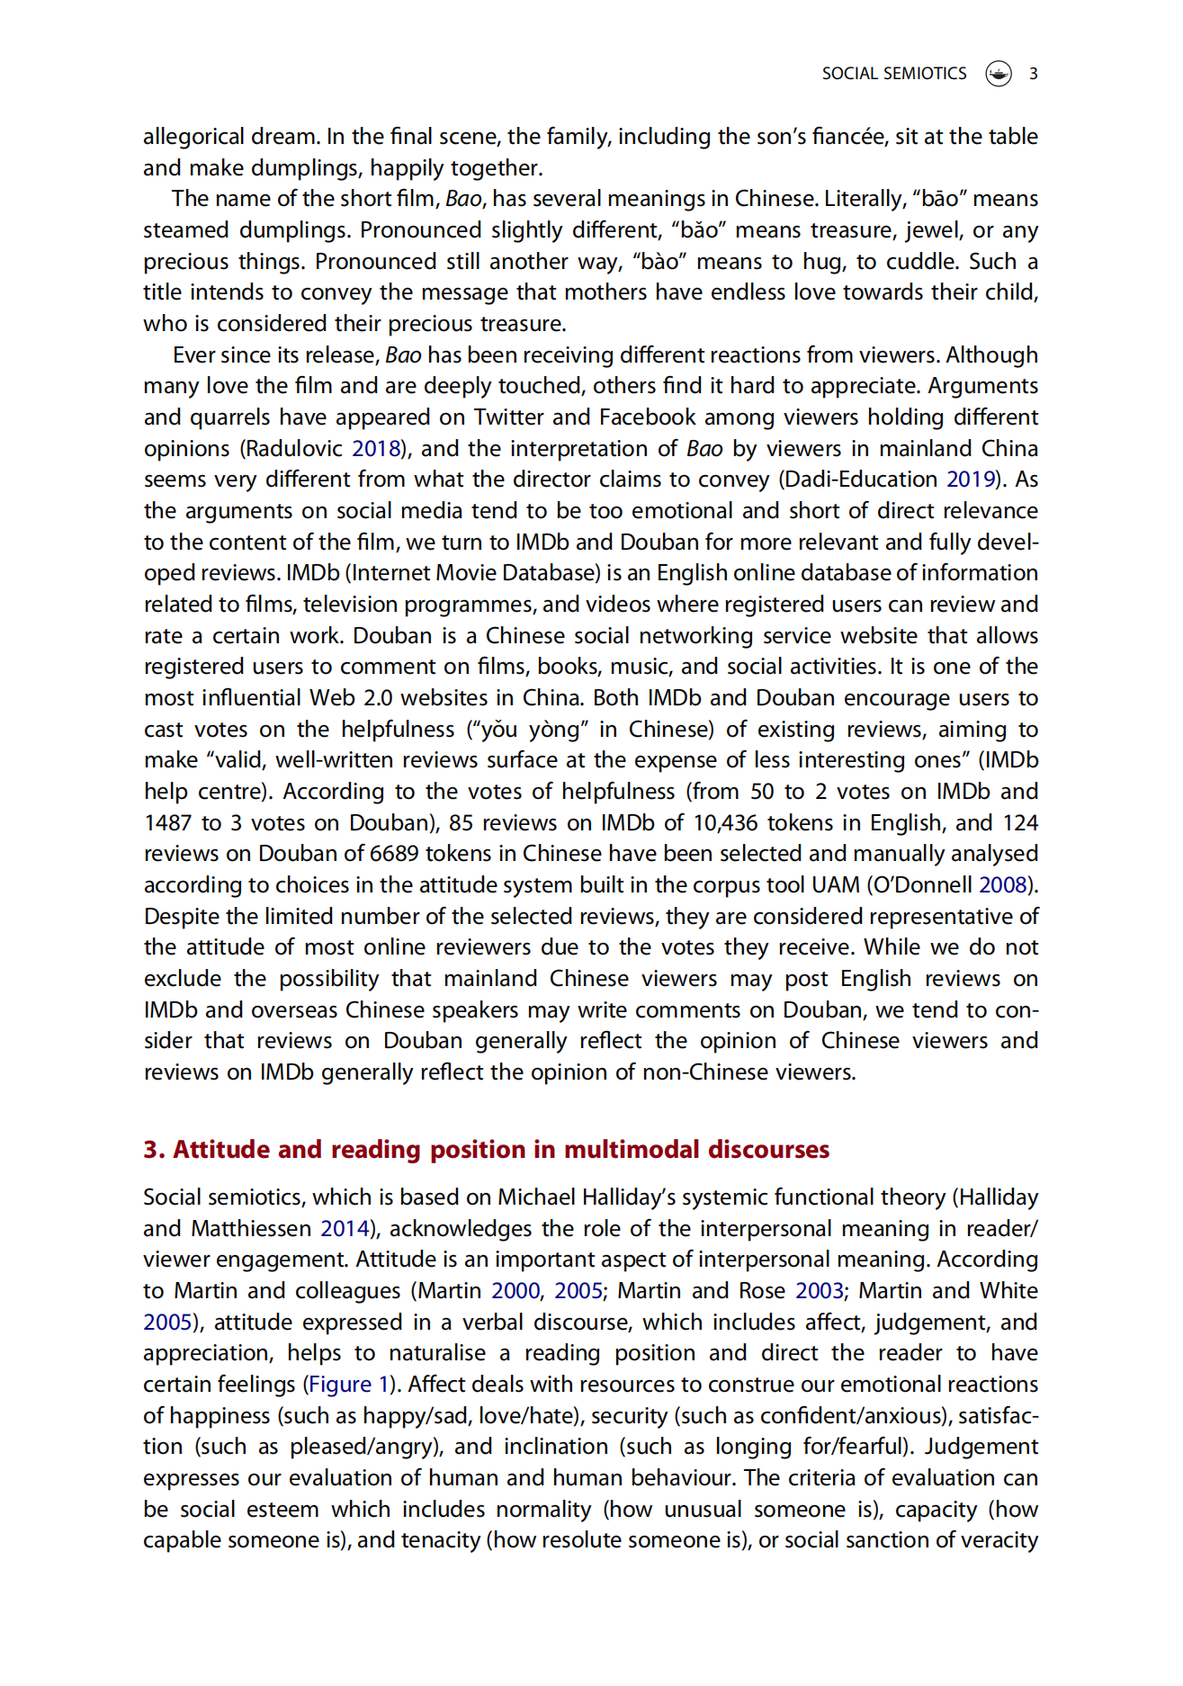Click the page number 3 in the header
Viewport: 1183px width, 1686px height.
pos(1034,74)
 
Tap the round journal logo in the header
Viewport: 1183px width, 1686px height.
pos(999,74)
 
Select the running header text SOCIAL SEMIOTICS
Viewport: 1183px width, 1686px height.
pos(893,74)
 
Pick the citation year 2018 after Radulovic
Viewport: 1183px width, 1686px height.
pos(375,448)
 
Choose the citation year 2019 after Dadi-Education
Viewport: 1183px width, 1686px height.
pos(972,480)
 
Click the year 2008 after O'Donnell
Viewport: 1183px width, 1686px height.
pos(1003,884)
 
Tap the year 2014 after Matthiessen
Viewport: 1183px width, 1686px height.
pos(345,1228)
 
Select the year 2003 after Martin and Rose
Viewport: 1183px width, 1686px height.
pos(819,1291)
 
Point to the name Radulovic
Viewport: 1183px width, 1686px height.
pos(294,448)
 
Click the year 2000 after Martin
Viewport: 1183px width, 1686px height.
pos(515,1291)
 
